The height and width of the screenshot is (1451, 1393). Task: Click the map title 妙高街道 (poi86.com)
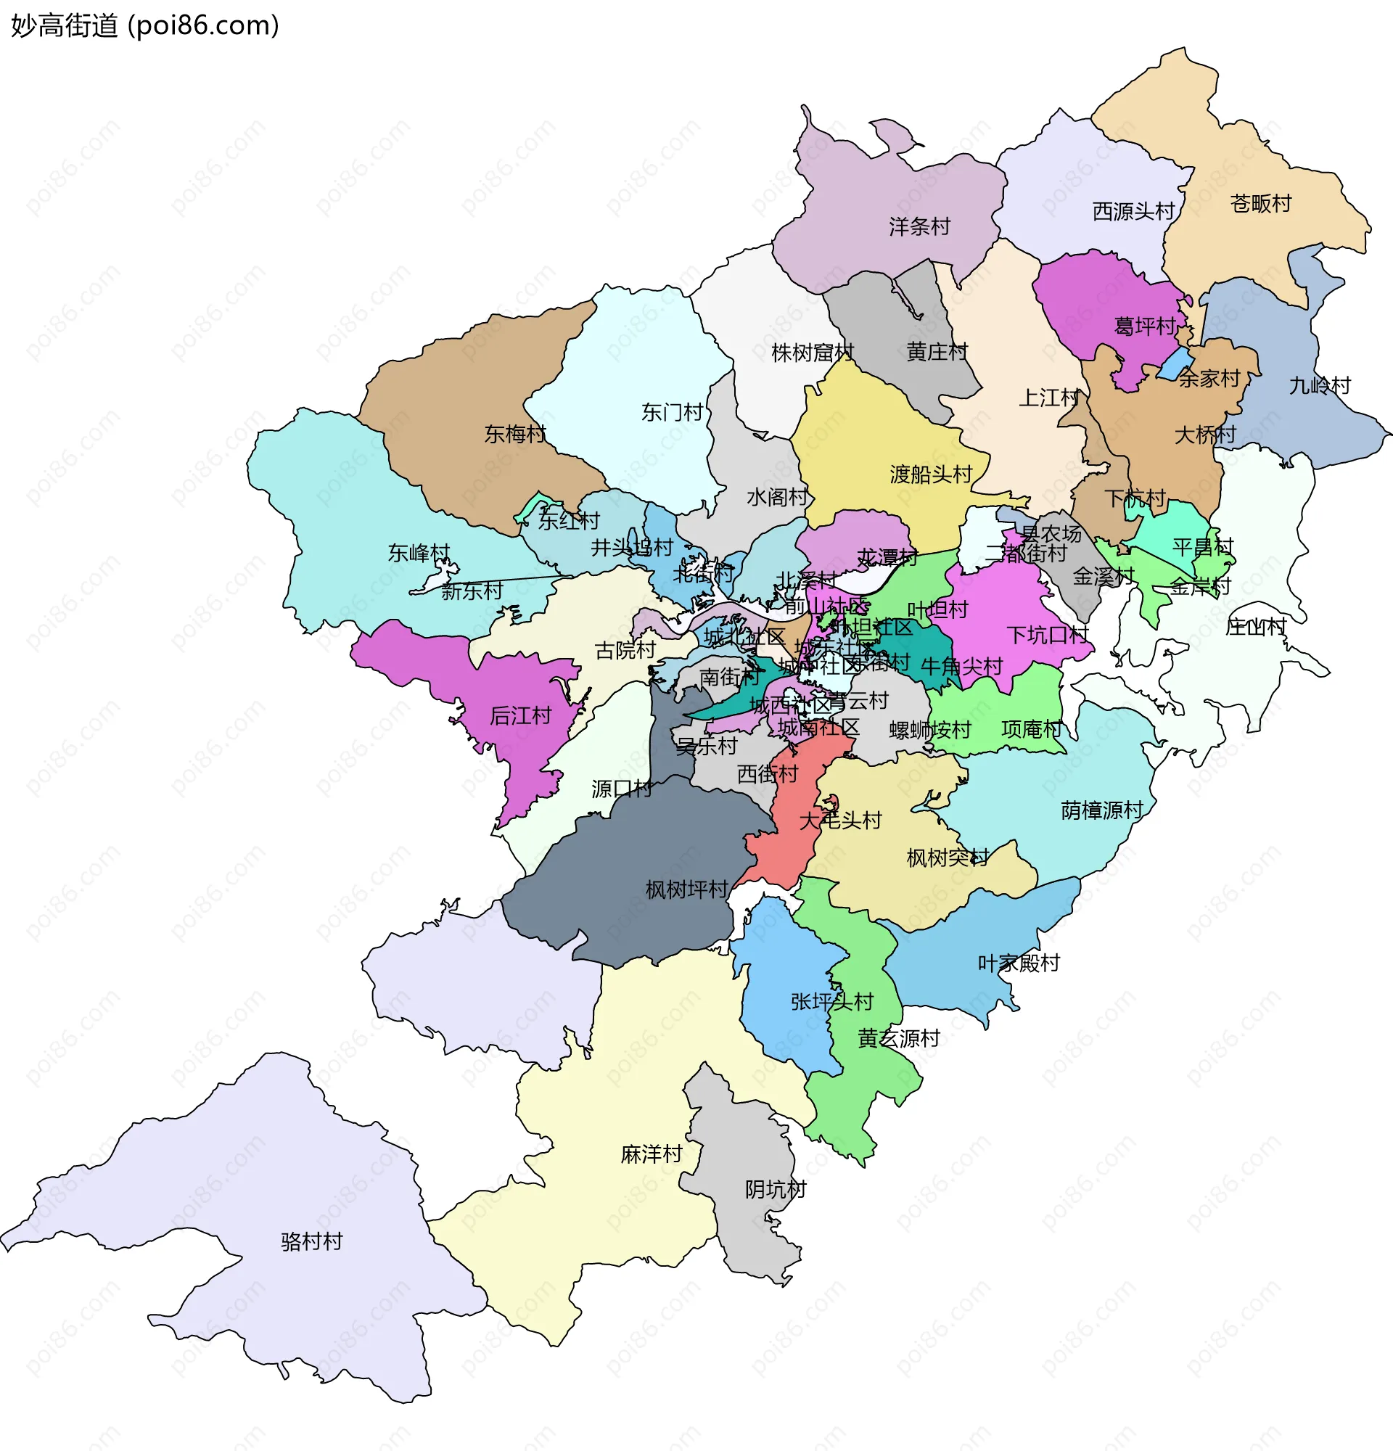145,25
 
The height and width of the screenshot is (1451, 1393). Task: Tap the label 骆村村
312,1241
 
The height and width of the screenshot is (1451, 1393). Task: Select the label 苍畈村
1260,204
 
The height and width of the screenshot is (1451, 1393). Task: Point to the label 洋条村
919,226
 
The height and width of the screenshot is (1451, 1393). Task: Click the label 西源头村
1133,212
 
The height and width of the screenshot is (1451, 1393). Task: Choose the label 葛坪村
1144,326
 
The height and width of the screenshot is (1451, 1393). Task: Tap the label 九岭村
1320,386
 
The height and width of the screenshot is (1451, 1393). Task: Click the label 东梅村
515,434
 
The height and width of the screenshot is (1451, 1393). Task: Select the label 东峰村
419,553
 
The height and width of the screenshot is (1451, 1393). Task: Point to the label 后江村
520,716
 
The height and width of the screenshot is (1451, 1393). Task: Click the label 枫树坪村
687,889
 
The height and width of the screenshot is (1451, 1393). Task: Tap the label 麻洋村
652,1154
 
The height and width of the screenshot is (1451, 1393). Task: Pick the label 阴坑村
775,1190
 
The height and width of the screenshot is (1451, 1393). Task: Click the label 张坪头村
832,1002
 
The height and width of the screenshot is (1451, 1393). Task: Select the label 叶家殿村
1019,963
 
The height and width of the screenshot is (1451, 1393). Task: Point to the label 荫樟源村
1102,810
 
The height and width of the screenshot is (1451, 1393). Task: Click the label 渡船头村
930,474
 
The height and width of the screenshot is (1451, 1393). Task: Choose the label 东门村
671,412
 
